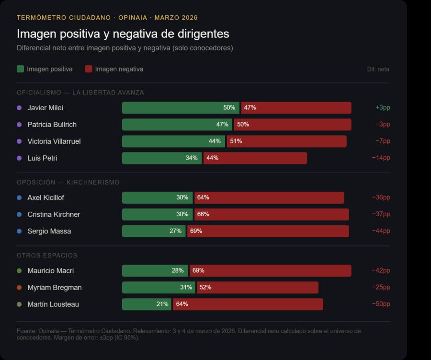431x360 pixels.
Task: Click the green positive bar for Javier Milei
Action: (x=181, y=108)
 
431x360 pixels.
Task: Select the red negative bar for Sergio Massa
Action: (x=268, y=231)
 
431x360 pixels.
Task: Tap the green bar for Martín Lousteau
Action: (x=147, y=304)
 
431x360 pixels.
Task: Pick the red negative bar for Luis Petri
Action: (x=255, y=158)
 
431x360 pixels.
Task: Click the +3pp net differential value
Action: (x=383, y=108)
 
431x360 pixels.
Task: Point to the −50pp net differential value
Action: (x=381, y=304)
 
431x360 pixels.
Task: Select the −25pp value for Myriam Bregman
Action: (x=381, y=288)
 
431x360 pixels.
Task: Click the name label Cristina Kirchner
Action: (x=54, y=214)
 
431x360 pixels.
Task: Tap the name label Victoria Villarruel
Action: (x=54, y=141)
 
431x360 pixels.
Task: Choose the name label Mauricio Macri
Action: (x=50, y=271)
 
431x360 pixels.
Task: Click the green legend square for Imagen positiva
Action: (x=20, y=69)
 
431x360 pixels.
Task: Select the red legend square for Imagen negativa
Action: (x=89, y=69)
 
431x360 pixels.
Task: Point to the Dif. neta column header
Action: (x=378, y=69)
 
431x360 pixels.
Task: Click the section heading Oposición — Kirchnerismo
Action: (x=68, y=183)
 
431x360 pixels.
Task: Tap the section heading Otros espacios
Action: (x=47, y=255)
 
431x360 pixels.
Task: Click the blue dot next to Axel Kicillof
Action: (x=19, y=197)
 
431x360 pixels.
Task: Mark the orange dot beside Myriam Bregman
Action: (x=19, y=288)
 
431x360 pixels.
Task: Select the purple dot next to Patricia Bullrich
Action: (x=19, y=125)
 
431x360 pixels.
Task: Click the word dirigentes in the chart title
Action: (x=201, y=34)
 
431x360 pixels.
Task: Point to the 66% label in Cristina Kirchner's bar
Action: (x=203, y=214)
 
